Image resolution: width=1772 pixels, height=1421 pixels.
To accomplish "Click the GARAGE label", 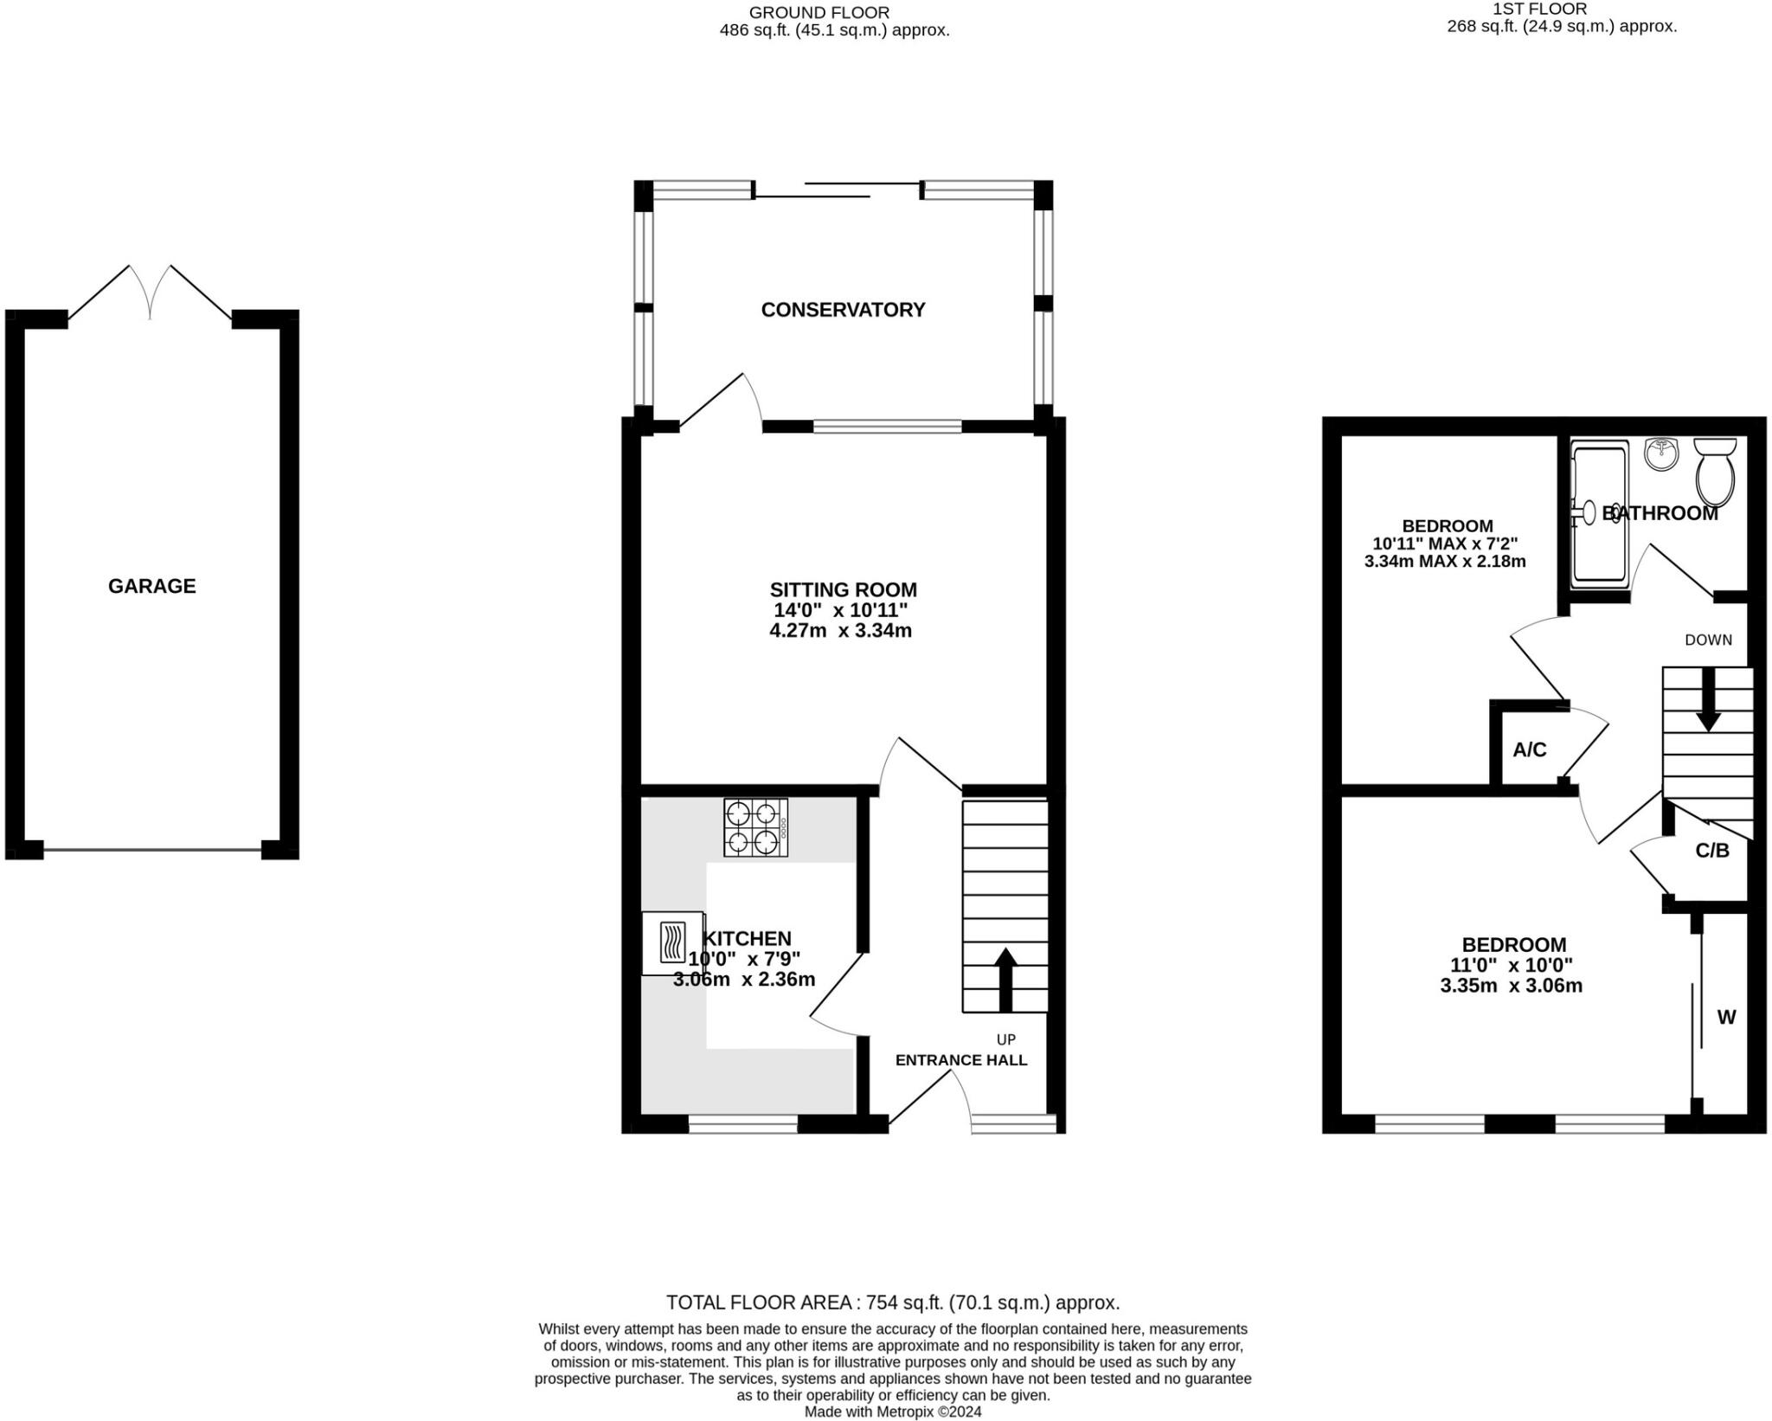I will coord(151,586).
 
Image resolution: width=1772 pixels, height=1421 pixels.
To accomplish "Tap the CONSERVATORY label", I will coord(843,310).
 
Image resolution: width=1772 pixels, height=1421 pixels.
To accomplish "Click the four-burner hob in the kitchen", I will coord(755,827).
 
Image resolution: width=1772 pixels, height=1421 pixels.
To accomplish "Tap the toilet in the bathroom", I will coord(1715,472).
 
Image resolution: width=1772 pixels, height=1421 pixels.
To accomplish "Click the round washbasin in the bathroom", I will coord(1660,453).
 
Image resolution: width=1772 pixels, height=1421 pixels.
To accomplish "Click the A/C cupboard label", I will coord(1529,749).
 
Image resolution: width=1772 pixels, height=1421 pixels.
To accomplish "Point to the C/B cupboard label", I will coord(1711,851).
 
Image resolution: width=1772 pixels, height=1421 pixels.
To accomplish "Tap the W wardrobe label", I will coord(1726,1018).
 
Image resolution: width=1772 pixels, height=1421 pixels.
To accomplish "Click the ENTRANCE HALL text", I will coord(960,1060).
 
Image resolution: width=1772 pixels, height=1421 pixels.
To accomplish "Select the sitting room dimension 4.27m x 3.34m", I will coord(840,631).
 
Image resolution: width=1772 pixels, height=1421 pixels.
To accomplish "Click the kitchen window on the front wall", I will coord(742,1124).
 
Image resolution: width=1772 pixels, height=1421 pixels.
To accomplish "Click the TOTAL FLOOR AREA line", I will coord(892,1302).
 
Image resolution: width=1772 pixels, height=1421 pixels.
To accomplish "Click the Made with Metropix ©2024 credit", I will coord(892,1411).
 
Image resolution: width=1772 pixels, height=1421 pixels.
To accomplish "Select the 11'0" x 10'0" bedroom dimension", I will coord(1511,965).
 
